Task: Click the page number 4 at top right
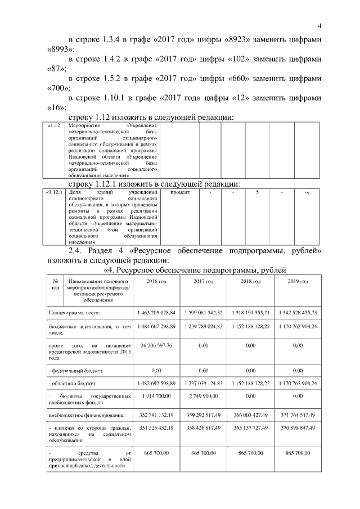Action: click(x=319, y=26)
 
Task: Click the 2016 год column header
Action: click(x=156, y=281)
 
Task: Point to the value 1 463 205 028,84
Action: click(x=156, y=312)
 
